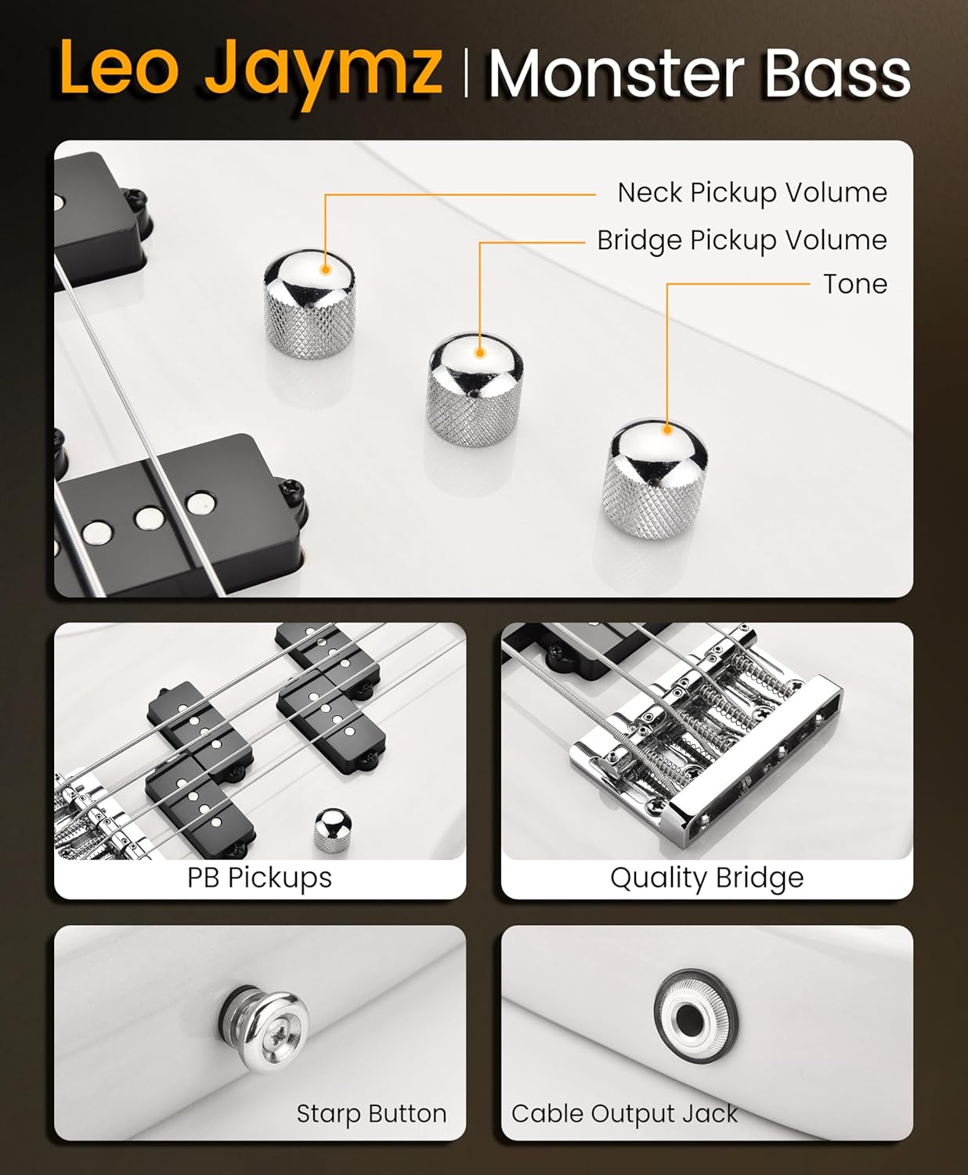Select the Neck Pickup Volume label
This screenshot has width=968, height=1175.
tap(753, 193)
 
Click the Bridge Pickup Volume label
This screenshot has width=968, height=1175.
tap(742, 240)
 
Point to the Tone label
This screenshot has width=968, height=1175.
tap(855, 284)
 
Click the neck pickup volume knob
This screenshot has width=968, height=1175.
tap(309, 303)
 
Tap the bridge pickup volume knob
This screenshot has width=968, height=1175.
tap(475, 389)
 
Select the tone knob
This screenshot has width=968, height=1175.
tap(655, 479)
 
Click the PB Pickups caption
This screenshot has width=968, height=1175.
tap(259, 877)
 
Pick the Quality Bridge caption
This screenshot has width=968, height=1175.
tap(707, 878)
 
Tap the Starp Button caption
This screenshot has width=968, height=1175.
tap(371, 1113)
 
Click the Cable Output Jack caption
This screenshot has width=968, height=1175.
tap(624, 1113)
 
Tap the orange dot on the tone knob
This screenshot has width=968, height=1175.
tap(667, 430)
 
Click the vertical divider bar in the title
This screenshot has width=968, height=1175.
tap(466, 73)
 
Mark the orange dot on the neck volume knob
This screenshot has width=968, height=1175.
tap(325, 269)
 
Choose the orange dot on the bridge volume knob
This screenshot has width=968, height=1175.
tap(479, 352)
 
